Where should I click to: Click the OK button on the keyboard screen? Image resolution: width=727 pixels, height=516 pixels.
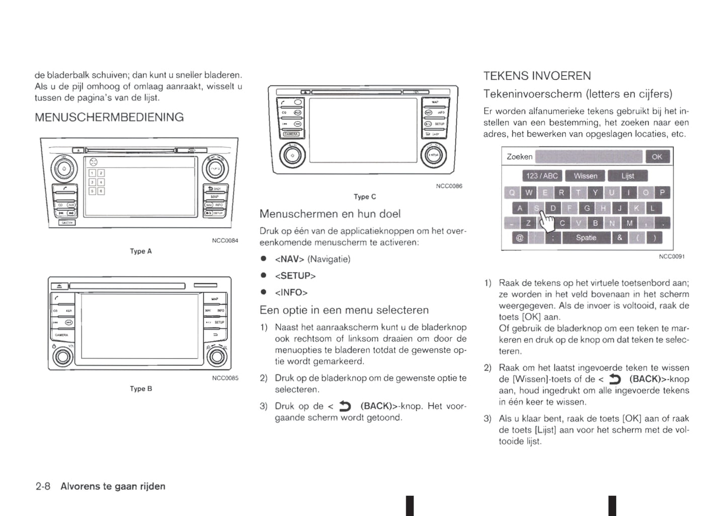tap(657, 157)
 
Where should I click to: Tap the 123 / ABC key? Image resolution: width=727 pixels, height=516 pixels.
tap(542, 176)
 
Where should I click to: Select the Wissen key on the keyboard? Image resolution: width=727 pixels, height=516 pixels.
tap(585, 176)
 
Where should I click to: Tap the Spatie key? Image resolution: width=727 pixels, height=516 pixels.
tap(586, 237)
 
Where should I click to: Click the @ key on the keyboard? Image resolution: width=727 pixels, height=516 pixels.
tap(520, 237)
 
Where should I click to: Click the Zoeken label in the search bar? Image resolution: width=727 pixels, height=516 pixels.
tap(519, 157)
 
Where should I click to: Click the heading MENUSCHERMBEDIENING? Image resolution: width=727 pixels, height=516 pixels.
tap(109, 117)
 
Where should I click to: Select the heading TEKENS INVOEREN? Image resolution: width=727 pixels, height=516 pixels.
tap(537, 76)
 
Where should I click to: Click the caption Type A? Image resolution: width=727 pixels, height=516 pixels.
tap(140, 251)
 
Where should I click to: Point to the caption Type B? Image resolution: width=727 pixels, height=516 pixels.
tap(140, 389)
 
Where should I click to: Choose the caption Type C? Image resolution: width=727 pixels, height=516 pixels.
tap(365, 197)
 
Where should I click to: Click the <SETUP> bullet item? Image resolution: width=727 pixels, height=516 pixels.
tap(295, 276)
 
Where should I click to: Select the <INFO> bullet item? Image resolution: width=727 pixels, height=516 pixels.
tap(291, 292)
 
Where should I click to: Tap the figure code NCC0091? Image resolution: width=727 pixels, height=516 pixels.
tap(672, 256)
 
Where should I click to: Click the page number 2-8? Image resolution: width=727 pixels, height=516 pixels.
tap(43, 486)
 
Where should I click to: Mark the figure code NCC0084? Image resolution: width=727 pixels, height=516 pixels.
tap(225, 240)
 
